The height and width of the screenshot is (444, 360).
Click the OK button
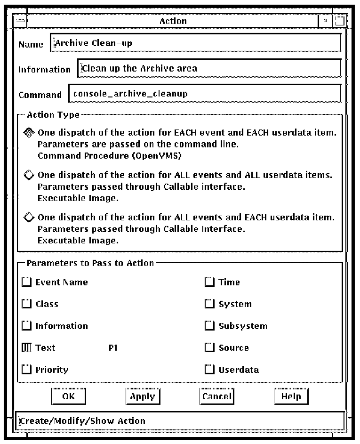(x=68, y=396)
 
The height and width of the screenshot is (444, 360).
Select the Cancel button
(x=216, y=396)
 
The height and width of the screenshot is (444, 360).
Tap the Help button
(x=291, y=396)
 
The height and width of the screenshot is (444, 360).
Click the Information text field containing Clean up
(x=208, y=68)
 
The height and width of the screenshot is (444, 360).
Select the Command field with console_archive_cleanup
(x=204, y=93)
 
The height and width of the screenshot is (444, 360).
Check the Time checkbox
(x=210, y=283)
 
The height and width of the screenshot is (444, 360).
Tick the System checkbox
(x=210, y=304)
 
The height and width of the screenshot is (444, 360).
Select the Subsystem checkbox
(x=210, y=326)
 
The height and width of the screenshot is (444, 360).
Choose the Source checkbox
(x=210, y=348)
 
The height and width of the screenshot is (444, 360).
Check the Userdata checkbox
(x=210, y=370)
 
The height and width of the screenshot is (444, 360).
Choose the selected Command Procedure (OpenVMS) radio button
(x=29, y=133)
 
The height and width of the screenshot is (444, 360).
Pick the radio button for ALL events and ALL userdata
(x=29, y=176)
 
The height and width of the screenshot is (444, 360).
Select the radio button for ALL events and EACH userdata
(x=29, y=218)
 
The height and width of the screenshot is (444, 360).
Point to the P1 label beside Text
(x=112, y=348)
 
